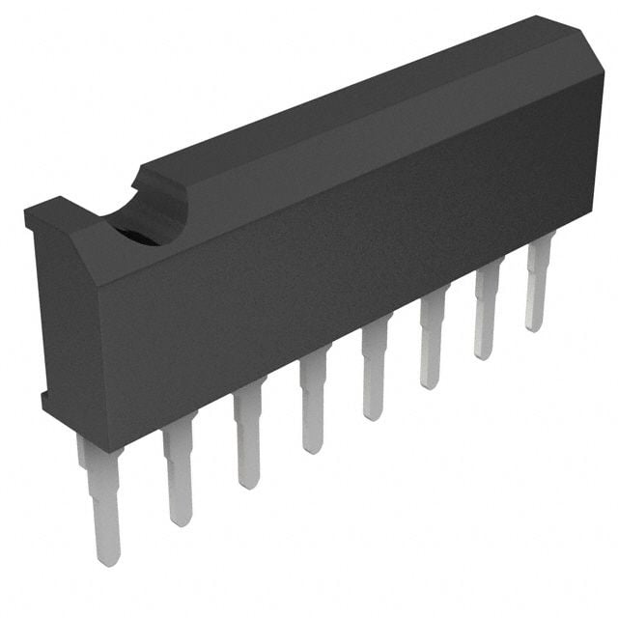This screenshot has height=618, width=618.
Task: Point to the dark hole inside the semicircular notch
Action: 145,234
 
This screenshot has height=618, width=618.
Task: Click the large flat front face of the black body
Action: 338,261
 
